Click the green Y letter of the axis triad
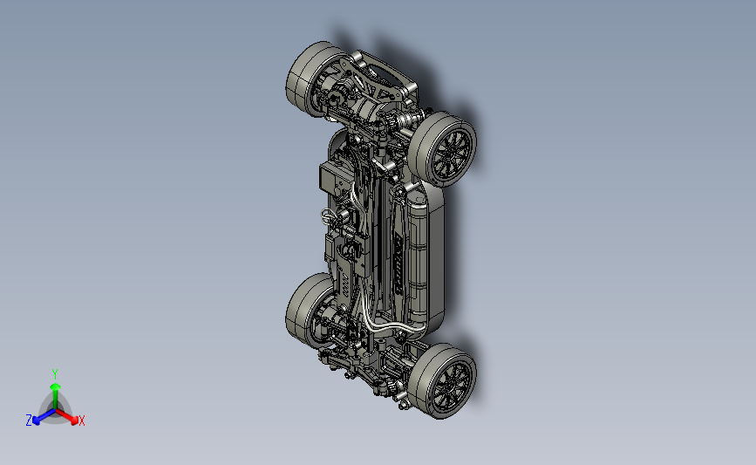(54, 374)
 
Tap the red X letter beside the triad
(81, 421)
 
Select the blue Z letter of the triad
(29, 421)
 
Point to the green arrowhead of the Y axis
(56, 386)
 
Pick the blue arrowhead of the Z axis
(36, 421)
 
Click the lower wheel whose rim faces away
(311, 311)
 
